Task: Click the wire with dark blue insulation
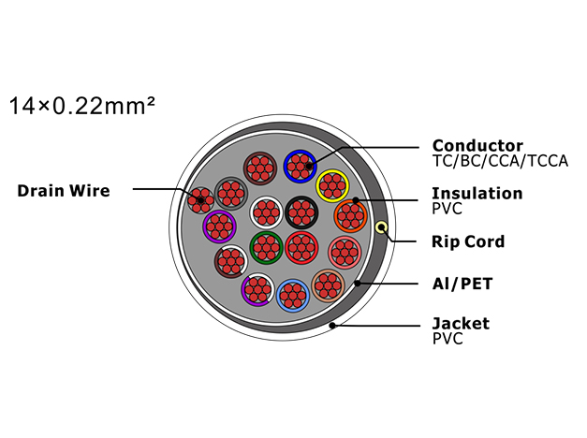tap(300, 167)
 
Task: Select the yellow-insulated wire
tap(332, 185)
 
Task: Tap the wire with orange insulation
tap(350, 216)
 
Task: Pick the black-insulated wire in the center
tap(301, 212)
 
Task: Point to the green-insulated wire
tap(266, 248)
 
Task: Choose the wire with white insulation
tap(266, 212)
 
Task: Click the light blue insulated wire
tap(293, 295)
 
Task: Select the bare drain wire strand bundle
tap(200, 200)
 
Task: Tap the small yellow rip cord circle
tap(381, 227)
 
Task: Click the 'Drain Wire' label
tap(64, 191)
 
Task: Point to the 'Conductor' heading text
tap(477, 145)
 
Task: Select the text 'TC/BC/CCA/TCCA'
tap(500, 161)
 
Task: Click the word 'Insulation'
tap(477, 193)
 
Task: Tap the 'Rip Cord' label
tap(468, 241)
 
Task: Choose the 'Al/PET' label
tap(462, 284)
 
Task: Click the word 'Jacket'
tap(461, 324)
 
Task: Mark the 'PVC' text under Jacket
tap(448, 339)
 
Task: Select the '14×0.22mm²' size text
tap(82, 106)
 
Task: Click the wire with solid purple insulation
tap(219, 226)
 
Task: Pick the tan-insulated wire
tap(328, 285)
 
